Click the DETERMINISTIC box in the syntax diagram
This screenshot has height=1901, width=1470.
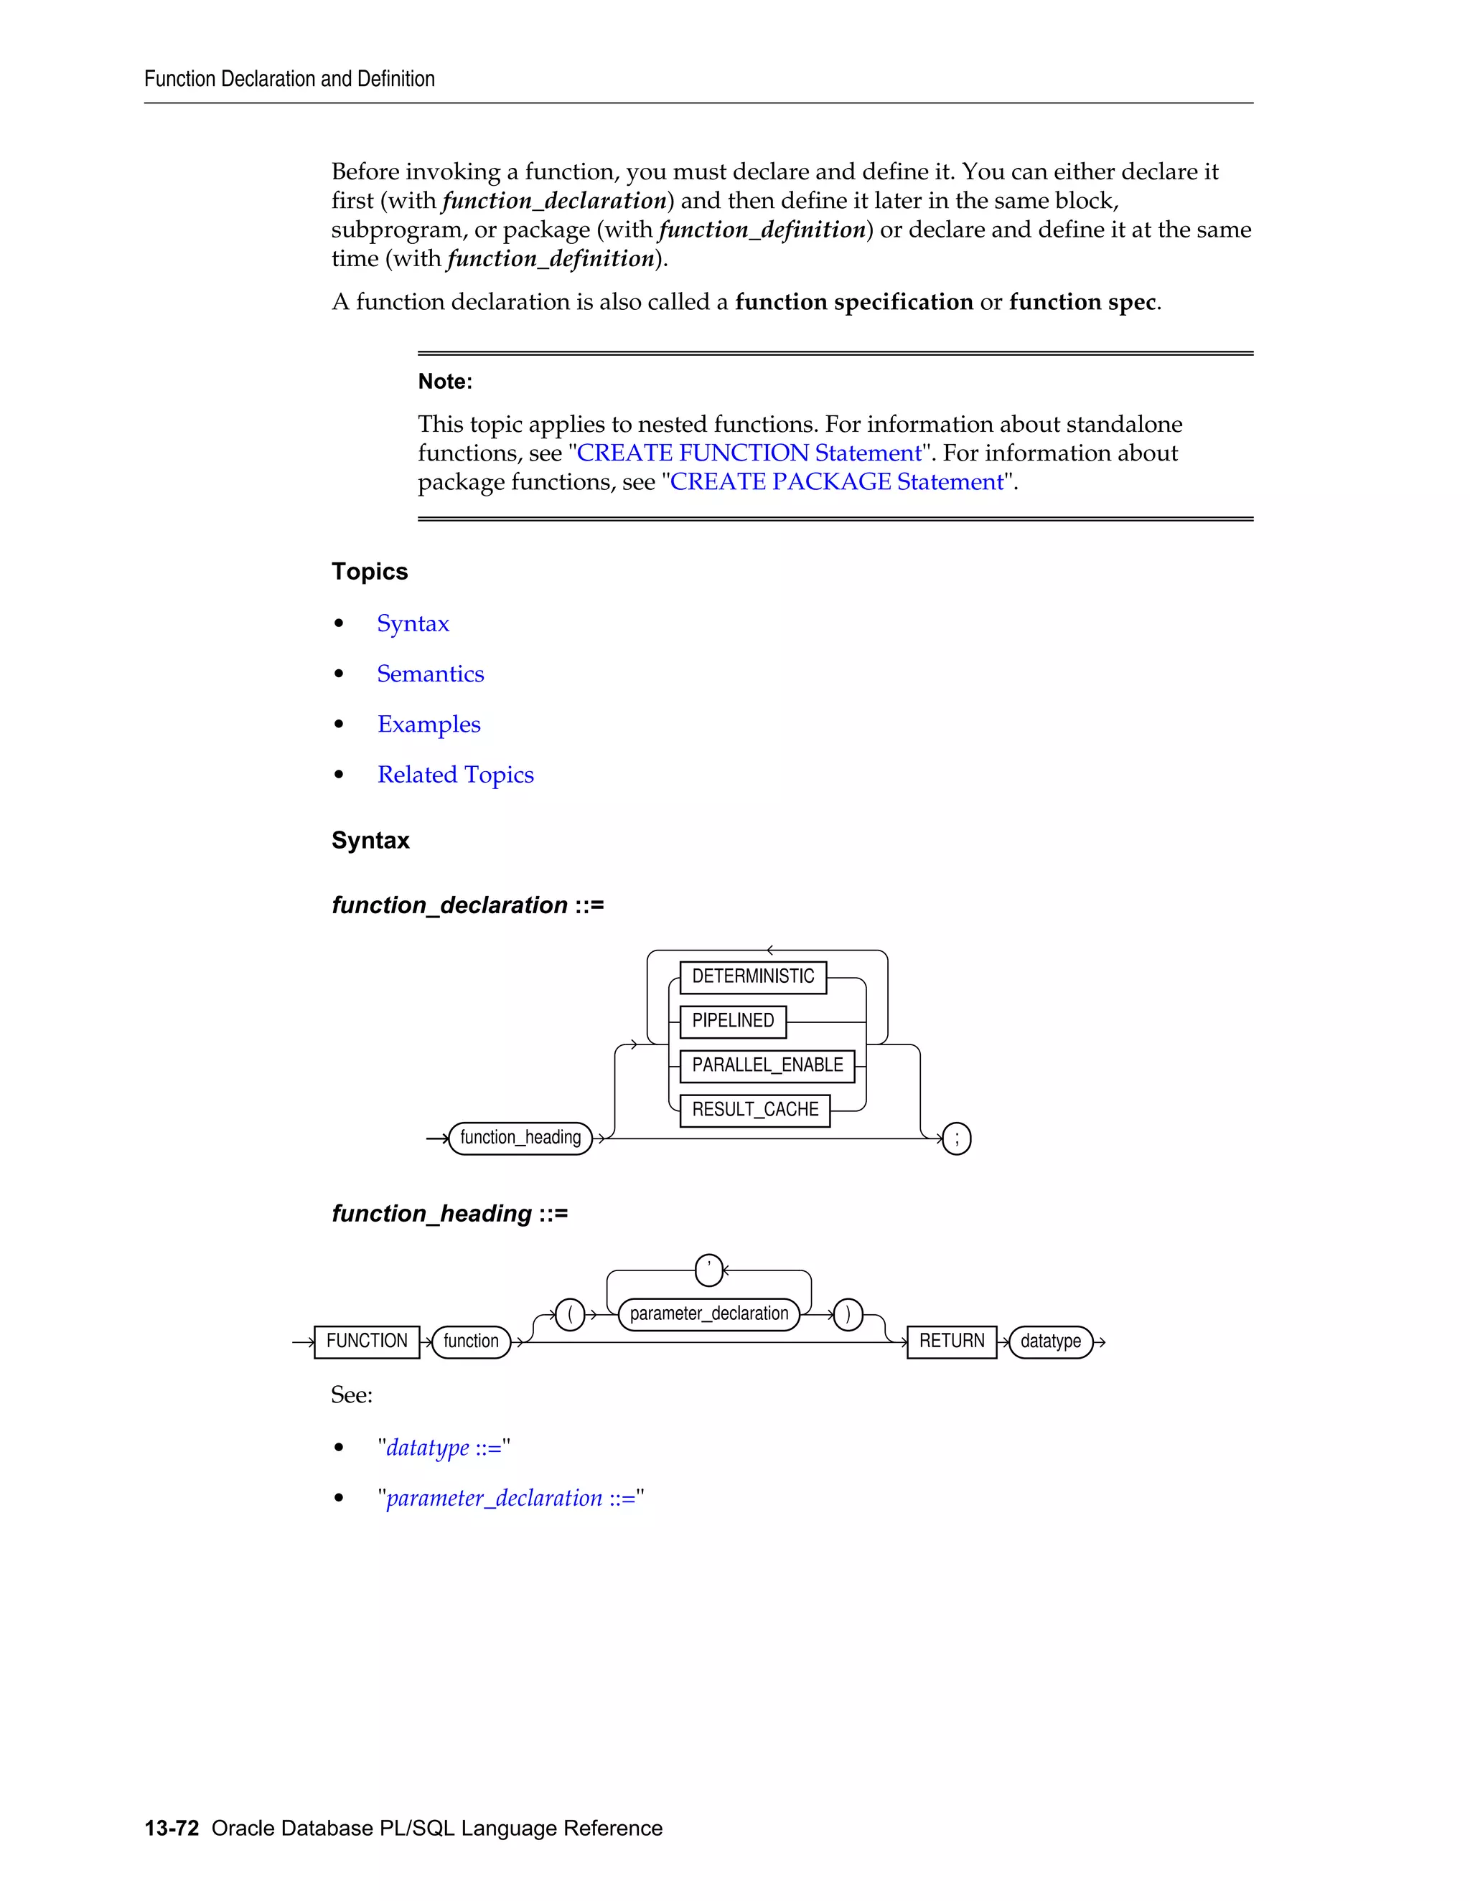coord(752,976)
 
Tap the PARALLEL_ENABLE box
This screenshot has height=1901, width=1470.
coord(767,1065)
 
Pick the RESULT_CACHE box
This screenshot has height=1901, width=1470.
coord(754,1110)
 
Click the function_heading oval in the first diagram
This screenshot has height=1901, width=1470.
coord(520,1138)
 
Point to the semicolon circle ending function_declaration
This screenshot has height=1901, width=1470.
coord(956,1138)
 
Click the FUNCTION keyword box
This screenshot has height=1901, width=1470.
coord(367,1341)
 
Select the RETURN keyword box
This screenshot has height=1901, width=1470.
coord(951,1341)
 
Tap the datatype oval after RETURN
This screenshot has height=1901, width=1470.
coord(1050,1341)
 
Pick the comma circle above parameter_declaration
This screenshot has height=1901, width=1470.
coord(709,1270)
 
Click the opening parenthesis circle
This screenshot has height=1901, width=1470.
coord(569,1313)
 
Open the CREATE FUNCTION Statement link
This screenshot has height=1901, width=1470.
coord(748,453)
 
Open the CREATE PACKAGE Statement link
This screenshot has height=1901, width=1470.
coord(836,481)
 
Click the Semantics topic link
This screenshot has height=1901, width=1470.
coord(430,674)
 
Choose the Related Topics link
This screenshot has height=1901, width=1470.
coord(456,775)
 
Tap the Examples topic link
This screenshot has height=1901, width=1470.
coord(429,725)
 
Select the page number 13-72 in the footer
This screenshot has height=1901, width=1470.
coord(172,1828)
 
